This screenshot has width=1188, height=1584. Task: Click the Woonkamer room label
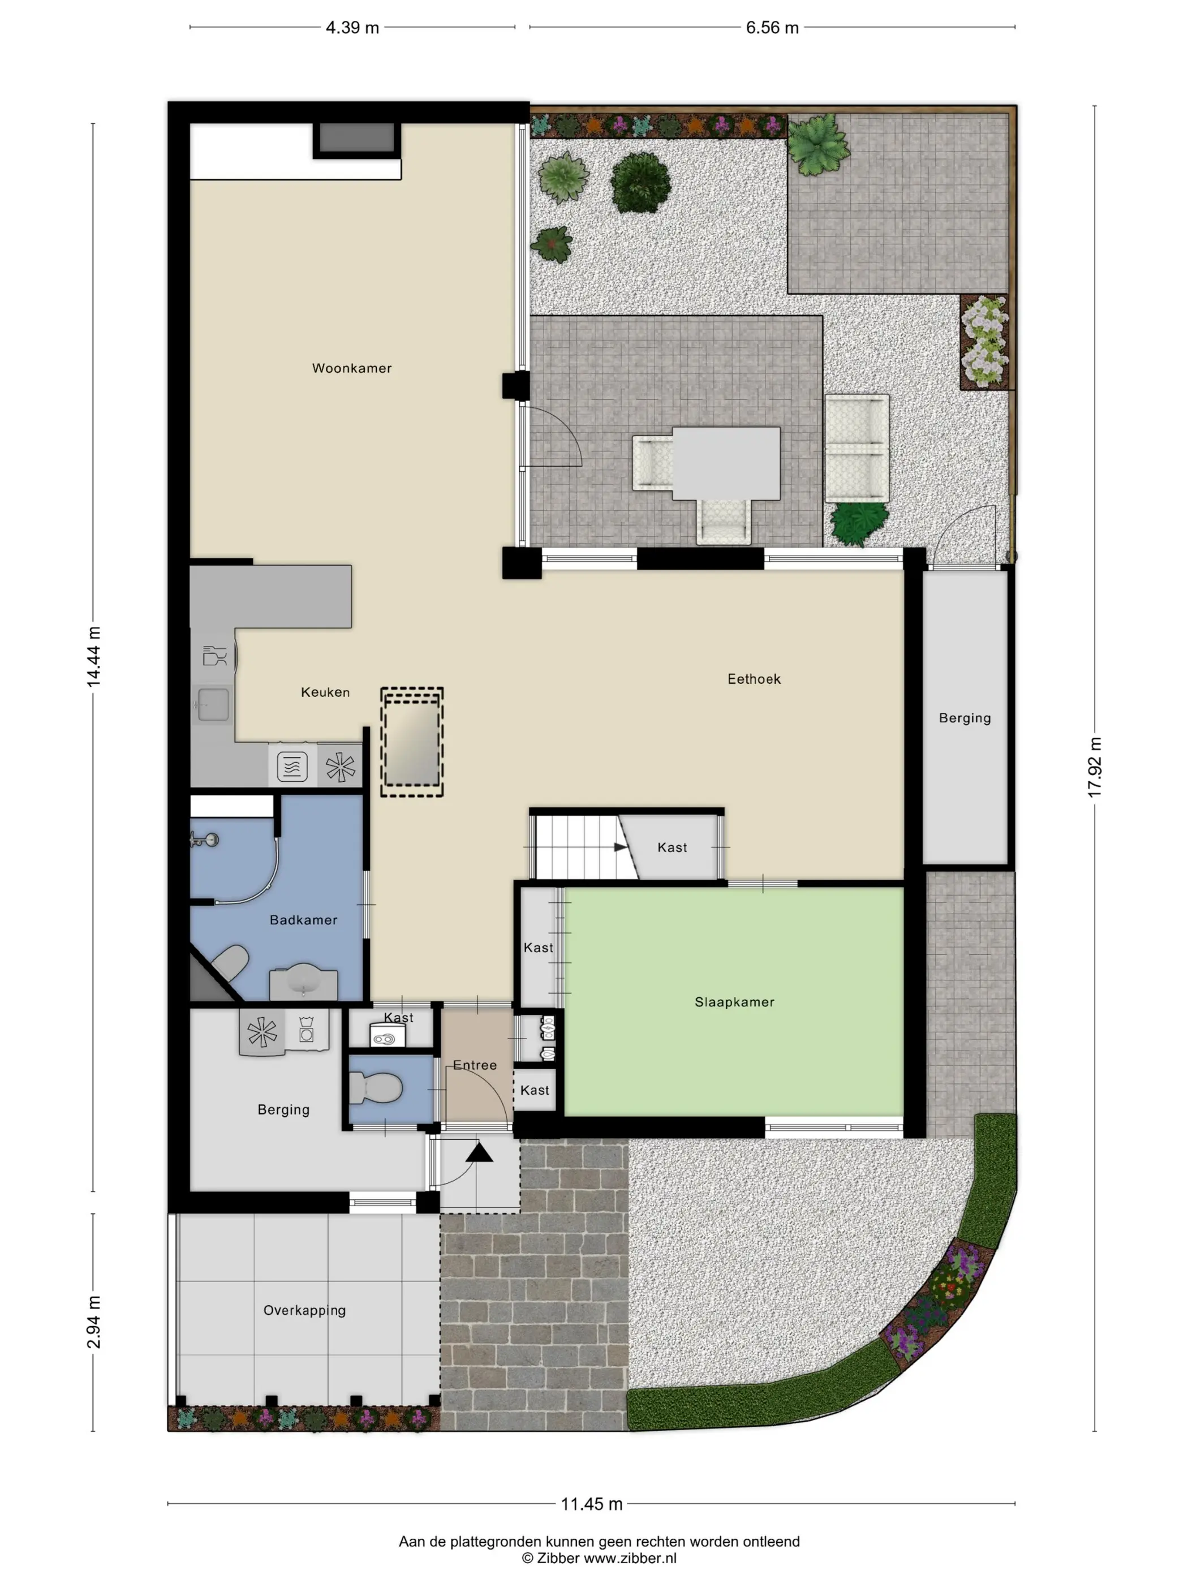click(x=352, y=368)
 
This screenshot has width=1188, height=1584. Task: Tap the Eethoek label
click(x=754, y=679)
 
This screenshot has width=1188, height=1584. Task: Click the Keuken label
click(x=325, y=692)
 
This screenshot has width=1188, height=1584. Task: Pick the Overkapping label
click(x=304, y=1310)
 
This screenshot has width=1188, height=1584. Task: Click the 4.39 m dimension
click(x=352, y=28)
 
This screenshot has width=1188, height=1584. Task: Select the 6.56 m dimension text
click(x=772, y=28)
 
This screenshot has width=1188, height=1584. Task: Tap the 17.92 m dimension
click(x=1096, y=767)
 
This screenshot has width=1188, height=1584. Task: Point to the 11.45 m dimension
click(x=592, y=1504)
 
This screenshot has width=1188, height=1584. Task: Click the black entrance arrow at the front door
click(x=479, y=1153)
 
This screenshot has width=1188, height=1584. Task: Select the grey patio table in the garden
click(x=726, y=463)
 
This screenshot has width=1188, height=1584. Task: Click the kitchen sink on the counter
click(x=212, y=705)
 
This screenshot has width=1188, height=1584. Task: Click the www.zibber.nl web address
click(x=630, y=1558)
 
